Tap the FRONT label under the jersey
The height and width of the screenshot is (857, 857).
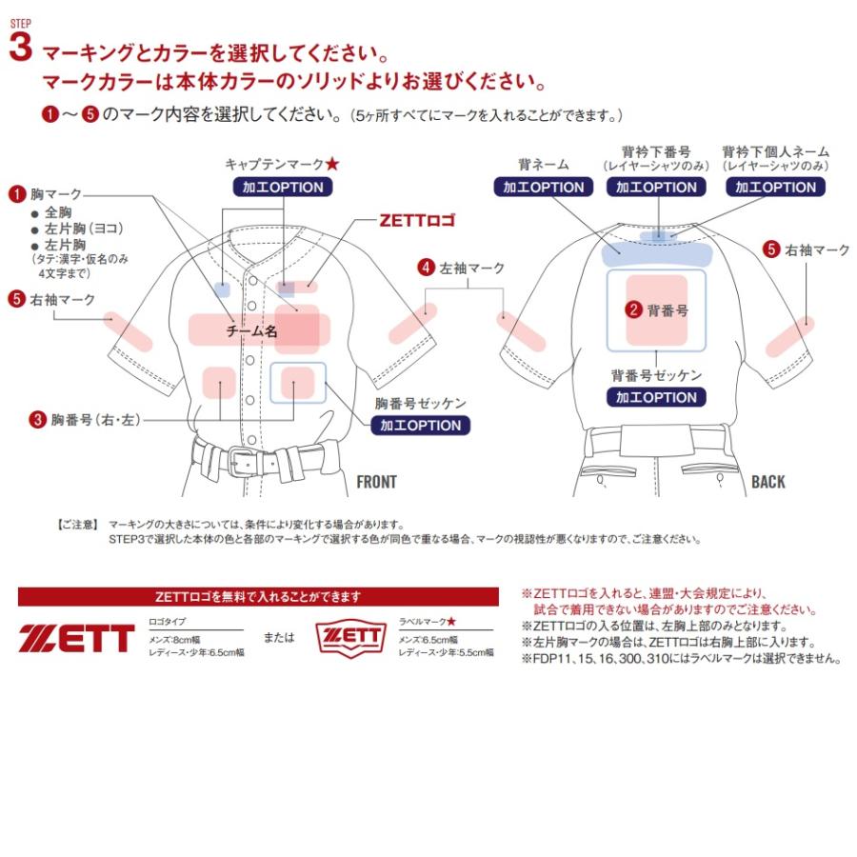[x=376, y=482]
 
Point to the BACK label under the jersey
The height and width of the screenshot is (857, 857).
[x=768, y=482]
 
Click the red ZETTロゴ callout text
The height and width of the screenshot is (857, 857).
[x=417, y=222]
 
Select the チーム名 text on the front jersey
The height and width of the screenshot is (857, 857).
[x=251, y=332]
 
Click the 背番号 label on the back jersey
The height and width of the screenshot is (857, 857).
[x=668, y=309]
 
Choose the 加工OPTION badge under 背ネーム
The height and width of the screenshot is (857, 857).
[x=544, y=188]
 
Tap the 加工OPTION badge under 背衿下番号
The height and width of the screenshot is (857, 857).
[x=656, y=188]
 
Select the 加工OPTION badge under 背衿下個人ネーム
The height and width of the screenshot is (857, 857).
[x=775, y=188]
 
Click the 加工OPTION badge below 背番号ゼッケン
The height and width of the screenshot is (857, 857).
[x=656, y=397]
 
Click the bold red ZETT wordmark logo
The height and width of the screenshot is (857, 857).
[x=76, y=638]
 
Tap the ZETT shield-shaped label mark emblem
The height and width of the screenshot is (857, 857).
[x=351, y=638]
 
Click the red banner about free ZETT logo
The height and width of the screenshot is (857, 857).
[x=258, y=597]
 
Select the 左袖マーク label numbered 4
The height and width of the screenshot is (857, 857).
[x=462, y=268]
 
